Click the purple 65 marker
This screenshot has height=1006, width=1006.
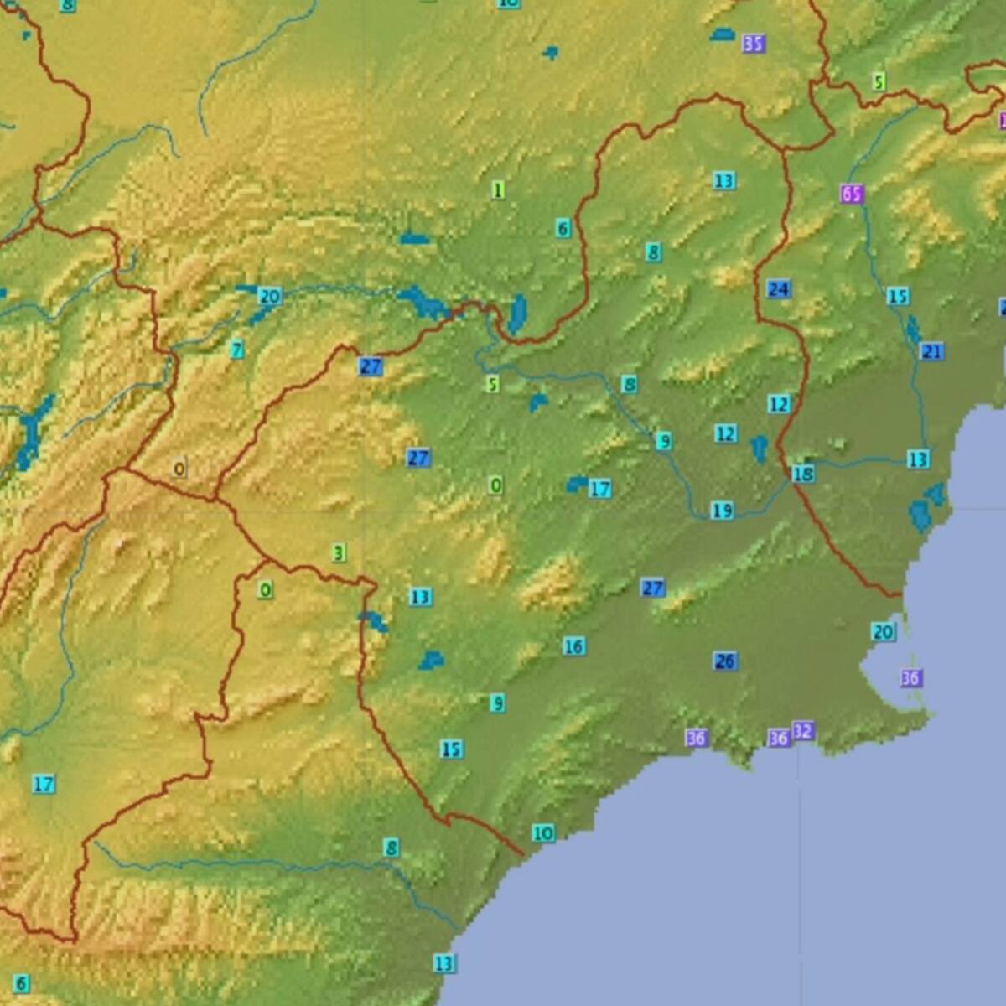point(851,194)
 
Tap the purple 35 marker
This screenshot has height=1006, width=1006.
point(753,43)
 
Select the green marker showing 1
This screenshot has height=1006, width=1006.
point(499,190)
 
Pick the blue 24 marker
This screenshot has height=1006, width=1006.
point(778,289)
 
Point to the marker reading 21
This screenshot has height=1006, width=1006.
point(931,351)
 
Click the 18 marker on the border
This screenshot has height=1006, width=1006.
point(802,474)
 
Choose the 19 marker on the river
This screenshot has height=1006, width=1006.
point(722,510)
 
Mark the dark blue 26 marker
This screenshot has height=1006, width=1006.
point(725,661)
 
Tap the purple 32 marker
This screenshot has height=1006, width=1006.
point(802,731)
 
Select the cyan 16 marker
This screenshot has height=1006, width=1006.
point(573,646)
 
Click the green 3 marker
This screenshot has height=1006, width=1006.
point(338,553)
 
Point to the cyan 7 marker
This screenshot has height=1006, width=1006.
point(237,350)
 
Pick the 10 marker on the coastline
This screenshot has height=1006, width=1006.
point(542,832)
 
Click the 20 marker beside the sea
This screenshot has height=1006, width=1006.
point(883,632)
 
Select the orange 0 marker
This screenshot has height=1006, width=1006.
point(179,469)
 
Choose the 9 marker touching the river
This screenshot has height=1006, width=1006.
point(663,441)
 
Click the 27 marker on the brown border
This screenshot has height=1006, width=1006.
point(370,366)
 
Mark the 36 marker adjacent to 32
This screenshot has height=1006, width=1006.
point(779,738)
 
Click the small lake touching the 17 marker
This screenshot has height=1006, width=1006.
point(577,484)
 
